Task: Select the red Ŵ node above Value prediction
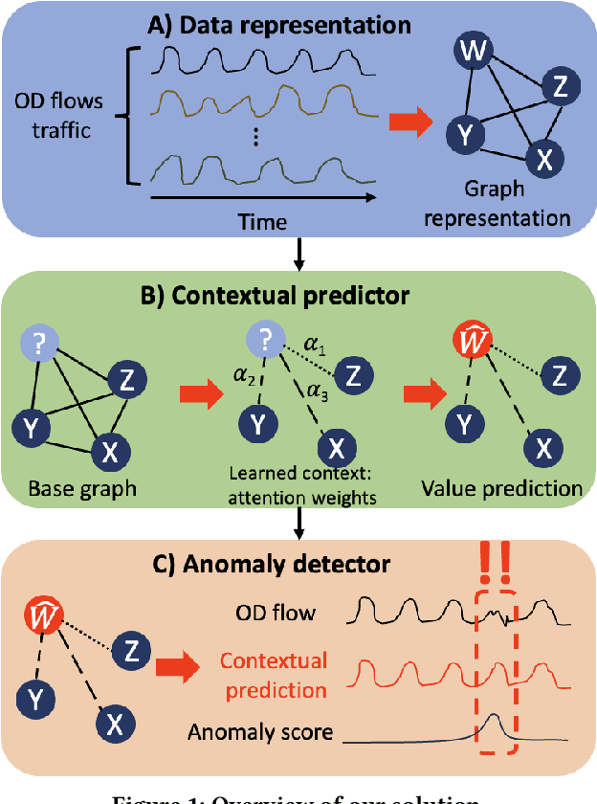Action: tap(467, 340)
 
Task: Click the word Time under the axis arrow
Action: tap(263, 222)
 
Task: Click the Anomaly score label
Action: tap(260, 733)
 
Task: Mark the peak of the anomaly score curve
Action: tap(492, 716)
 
